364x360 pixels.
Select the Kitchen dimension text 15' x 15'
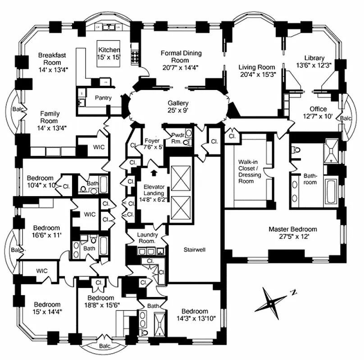click(x=109, y=57)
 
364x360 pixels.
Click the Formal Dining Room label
click(x=182, y=57)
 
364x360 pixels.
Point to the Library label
click(x=314, y=58)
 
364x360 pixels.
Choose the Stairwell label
click(x=195, y=249)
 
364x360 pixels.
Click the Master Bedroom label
click(x=292, y=229)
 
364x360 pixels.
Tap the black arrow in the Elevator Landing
click(x=154, y=172)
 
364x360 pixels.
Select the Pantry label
click(x=103, y=98)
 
